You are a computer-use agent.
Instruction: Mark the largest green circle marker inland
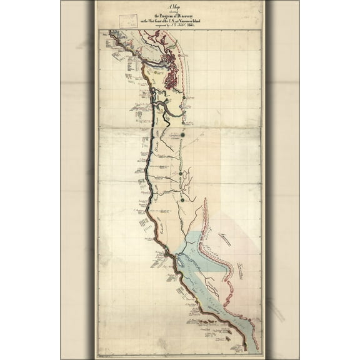(183, 134)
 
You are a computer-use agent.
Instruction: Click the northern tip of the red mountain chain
(206, 201)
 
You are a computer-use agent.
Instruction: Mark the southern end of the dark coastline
(245, 347)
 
